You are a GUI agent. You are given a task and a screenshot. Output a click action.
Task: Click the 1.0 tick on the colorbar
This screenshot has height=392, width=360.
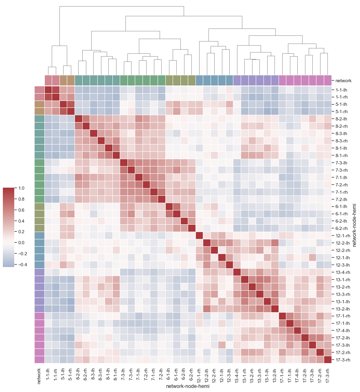pyautogui.click(x=20, y=188)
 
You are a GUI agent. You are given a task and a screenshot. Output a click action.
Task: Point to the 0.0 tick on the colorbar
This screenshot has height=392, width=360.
pyautogui.click(x=20, y=243)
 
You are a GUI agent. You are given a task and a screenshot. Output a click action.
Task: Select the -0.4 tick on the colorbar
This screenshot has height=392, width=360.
pyautogui.click(x=20, y=264)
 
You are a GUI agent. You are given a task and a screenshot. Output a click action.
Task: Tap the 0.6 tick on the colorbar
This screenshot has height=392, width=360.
pyautogui.click(x=20, y=210)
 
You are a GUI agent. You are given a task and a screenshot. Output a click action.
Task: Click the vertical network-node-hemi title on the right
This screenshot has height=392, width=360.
pyautogui.click(x=354, y=225)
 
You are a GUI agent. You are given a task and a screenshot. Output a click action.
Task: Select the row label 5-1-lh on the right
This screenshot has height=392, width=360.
pyautogui.click(x=342, y=104)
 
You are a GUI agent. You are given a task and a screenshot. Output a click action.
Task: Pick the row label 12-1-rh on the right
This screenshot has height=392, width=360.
pyautogui.click(x=343, y=236)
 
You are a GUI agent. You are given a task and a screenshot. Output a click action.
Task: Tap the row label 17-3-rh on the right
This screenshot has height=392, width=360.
pyautogui.click(x=343, y=360)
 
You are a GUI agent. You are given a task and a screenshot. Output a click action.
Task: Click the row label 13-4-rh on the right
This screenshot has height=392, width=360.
pyautogui.click(x=343, y=272)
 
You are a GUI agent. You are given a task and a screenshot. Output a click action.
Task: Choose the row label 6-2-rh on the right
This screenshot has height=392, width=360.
pyautogui.click(x=342, y=228)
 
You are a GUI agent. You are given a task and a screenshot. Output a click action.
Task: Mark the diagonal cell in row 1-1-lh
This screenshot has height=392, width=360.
pyautogui.click(x=48, y=89)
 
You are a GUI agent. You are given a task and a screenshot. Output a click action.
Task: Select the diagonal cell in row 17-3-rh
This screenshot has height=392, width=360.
pyautogui.click(x=328, y=360)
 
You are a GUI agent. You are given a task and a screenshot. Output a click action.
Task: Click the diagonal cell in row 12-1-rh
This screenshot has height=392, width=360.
pyautogui.click(x=200, y=236)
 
